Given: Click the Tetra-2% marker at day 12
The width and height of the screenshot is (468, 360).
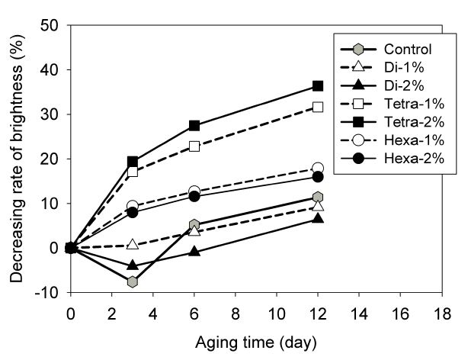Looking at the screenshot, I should coord(318,85).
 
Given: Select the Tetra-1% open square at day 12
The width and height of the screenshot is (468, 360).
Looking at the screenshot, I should coord(318,107).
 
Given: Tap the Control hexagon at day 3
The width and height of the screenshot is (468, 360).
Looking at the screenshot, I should coord(133,281).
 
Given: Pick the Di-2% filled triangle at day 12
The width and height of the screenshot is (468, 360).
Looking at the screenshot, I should coord(318,218).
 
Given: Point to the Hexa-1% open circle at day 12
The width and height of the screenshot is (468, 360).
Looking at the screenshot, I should coord(318,168).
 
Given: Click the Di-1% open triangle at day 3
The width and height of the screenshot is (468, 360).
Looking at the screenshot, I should coord(133,244).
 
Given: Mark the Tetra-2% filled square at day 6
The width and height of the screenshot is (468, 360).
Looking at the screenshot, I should coord(194,125).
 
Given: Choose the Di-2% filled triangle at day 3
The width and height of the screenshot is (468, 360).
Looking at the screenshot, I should coord(133,265).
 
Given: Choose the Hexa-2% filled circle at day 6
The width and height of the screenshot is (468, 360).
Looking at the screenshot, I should coord(194,196).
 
